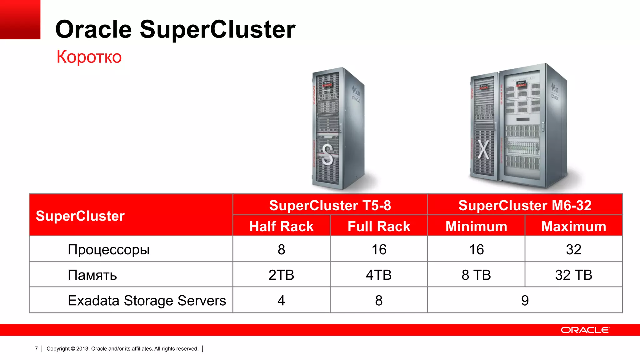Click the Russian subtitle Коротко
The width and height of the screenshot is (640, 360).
[x=89, y=57]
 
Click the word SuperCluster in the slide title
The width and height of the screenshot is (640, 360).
[x=217, y=29]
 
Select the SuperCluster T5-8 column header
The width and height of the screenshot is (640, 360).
[x=330, y=205]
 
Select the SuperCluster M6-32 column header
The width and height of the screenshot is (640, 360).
[x=525, y=205]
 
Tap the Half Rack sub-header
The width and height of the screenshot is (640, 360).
[x=281, y=226]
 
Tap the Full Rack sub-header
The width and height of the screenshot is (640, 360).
[x=379, y=226]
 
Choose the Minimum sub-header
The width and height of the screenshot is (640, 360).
[x=476, y=226]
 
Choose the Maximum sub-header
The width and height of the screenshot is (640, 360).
[x=574, y=226]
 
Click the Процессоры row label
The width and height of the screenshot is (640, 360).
[x=108, y=250]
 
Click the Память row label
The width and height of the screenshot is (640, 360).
[x=92, y=275]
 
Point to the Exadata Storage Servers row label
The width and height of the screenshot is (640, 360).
[x=147, y=301]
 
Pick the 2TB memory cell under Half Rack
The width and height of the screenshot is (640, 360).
[x=281, y=275]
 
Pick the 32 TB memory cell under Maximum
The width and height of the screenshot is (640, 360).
[x=574, y=275]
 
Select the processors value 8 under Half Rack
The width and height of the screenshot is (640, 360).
[x=281, y=250]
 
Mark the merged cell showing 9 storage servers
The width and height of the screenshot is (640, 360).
[x=525, y=301]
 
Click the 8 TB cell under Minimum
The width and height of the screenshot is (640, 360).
[x=476, y=275]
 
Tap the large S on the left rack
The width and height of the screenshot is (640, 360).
[x=327, y=154]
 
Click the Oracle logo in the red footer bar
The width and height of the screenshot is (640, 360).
[x=585, y=330]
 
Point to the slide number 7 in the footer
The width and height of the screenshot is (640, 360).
[x=36, y=348]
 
